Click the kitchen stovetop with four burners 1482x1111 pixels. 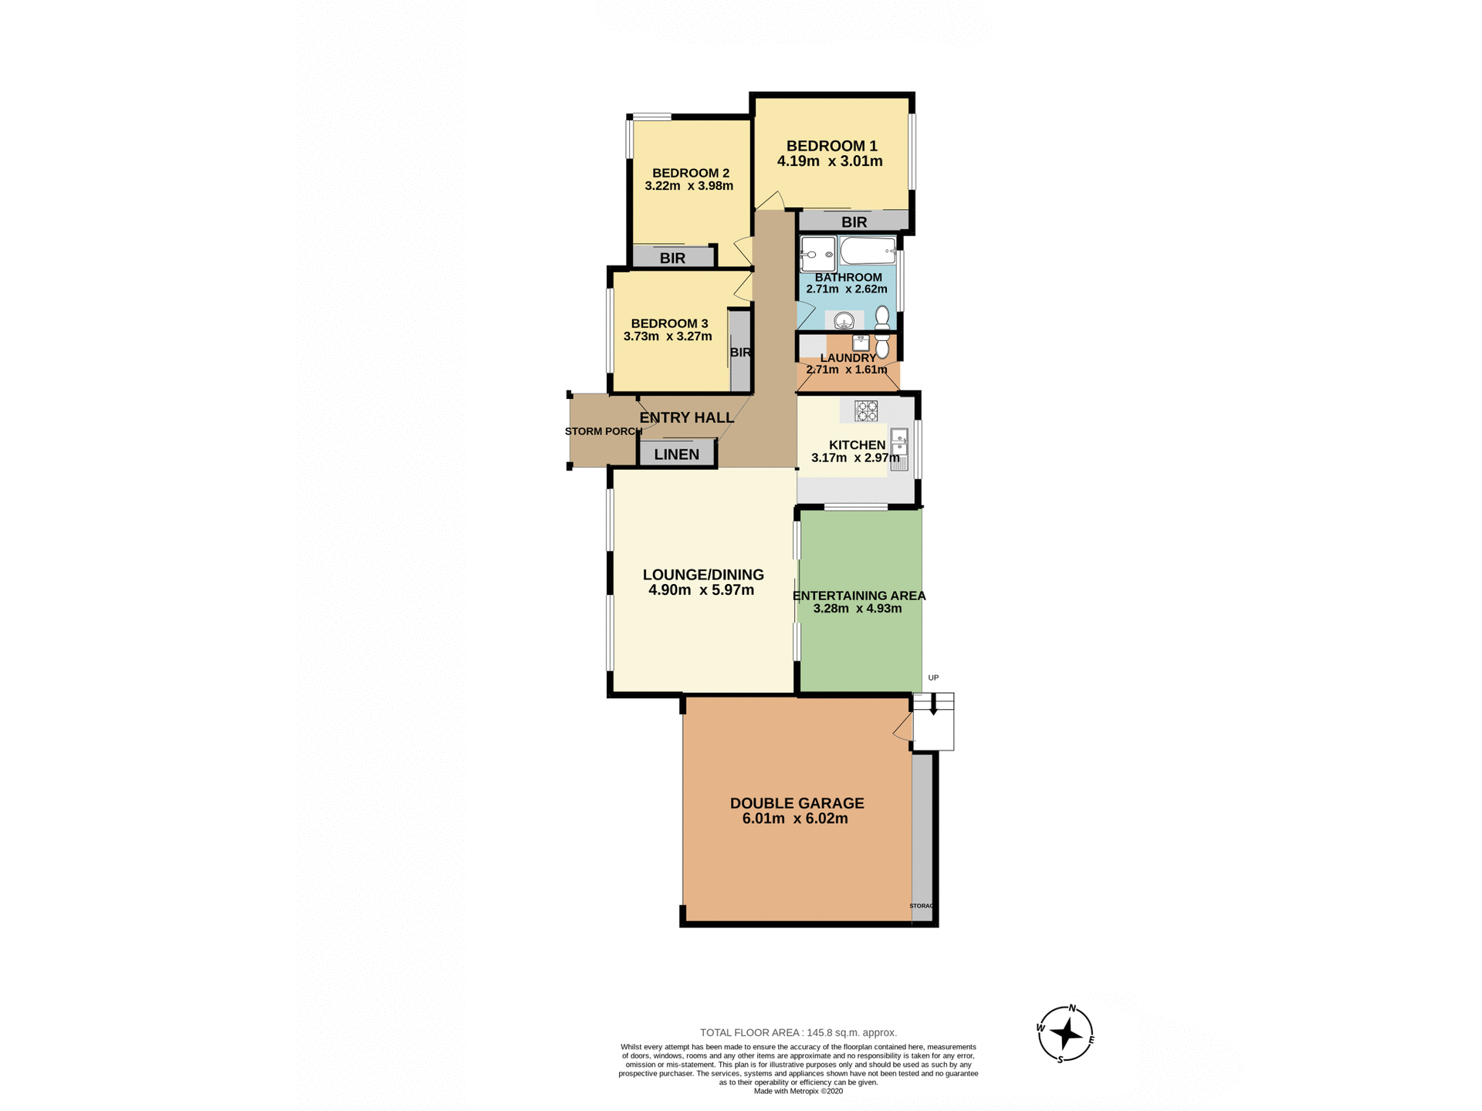[x=865, y=410]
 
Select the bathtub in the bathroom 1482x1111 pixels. [x=868, y=252]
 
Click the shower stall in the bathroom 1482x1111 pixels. [x=817, y=254]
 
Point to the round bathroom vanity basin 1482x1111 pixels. [x=844, y=319]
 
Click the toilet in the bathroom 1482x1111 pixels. [x=882, y=317]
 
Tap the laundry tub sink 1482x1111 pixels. [x=861, y=342]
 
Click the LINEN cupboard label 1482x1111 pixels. [x=676, y=454]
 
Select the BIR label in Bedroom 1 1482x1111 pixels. [x=854, y=222]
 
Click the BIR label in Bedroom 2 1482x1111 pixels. [x=672, y=258]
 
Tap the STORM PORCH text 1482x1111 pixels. [x=603, y=431]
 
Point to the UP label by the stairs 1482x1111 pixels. [x=933, y=677]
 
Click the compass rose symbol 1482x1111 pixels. [x=1065, y=1034]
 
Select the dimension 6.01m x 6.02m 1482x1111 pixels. [x=795, y=819]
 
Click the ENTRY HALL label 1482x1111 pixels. [x=686, y=417]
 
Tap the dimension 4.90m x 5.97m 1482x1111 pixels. [x=701, y=590]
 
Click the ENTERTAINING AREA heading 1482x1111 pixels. [x=858, y=596]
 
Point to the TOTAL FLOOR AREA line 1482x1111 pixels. [x=798, y=1032]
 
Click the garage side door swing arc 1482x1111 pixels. [x=902, y=728]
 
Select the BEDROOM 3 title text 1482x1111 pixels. [x=669, y=323]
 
